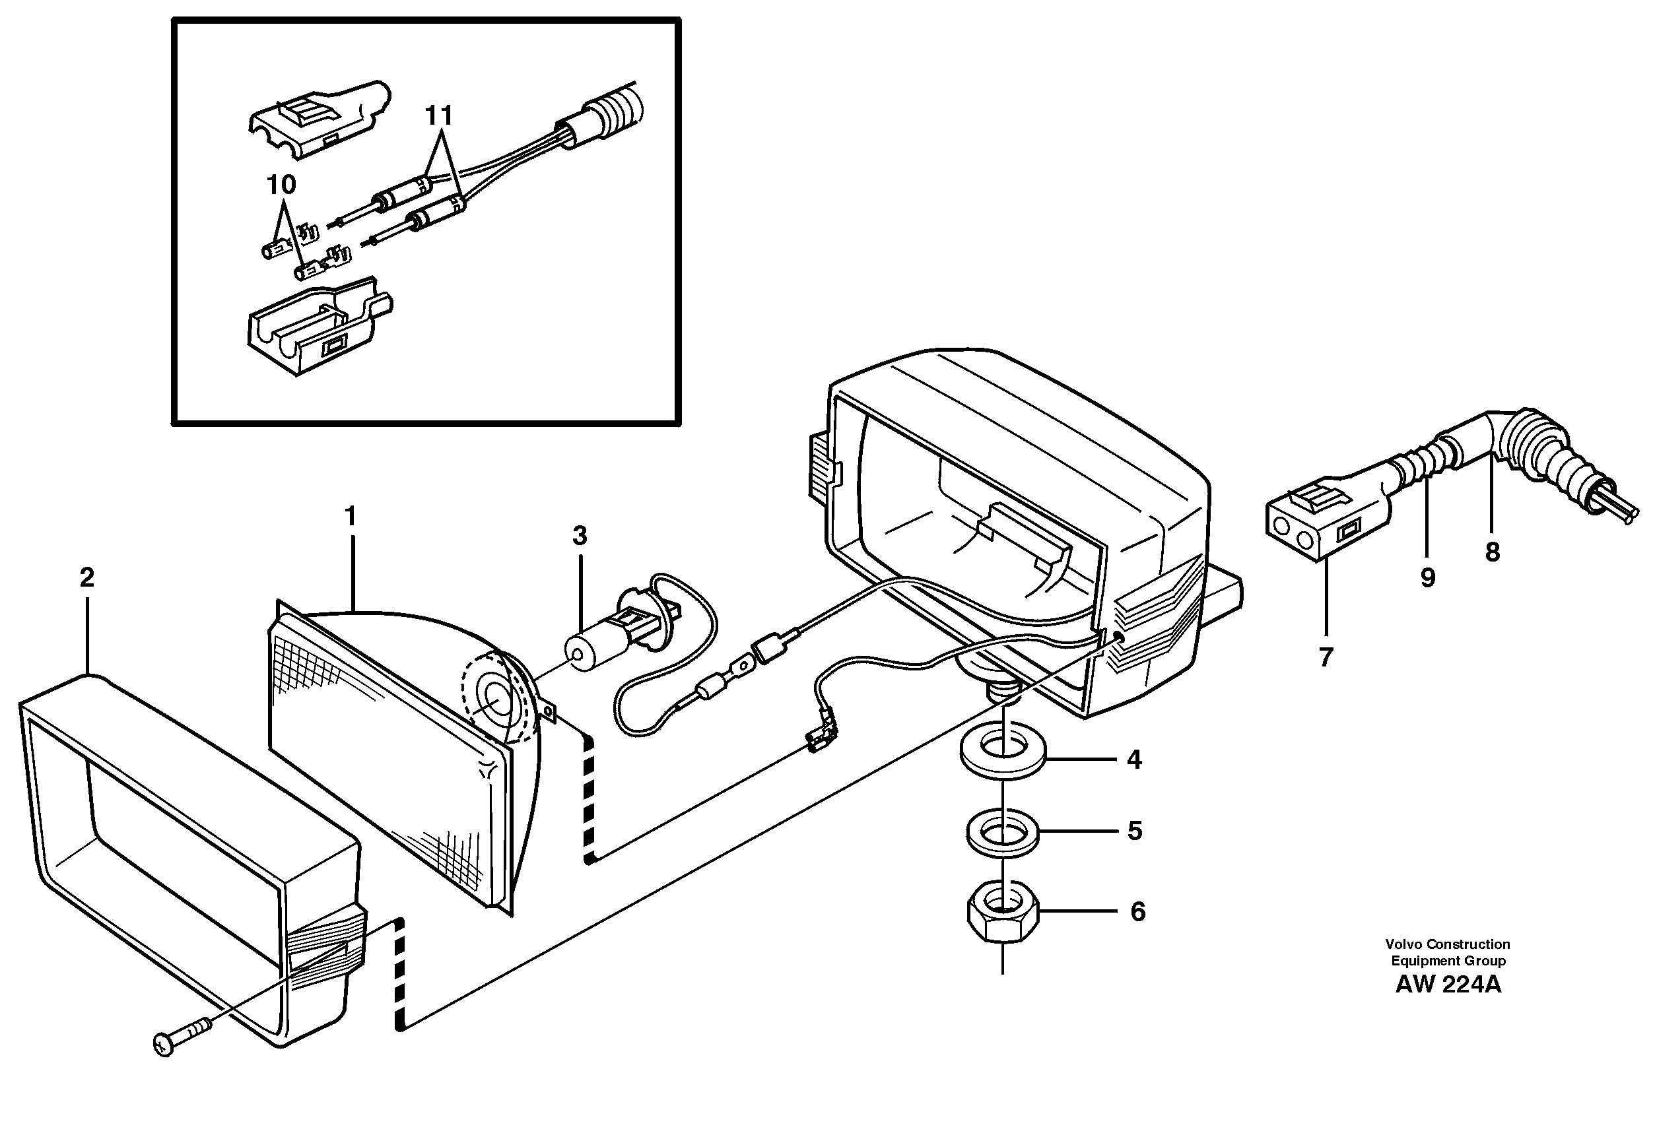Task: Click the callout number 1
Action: point(349,516)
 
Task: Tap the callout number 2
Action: point(86,577)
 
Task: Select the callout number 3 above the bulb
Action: point(580,536)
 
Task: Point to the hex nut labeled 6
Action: point(1003,917)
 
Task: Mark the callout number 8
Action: point(1492,552)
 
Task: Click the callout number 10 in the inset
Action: point(281,185)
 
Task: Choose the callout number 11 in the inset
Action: point(439,115)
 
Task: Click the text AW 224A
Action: point(1448,985)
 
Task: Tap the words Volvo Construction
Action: point(1448,944)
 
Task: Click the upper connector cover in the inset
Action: point(316,120)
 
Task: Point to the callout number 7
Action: point(1326,657)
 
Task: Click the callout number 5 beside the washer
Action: point(1135,831)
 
